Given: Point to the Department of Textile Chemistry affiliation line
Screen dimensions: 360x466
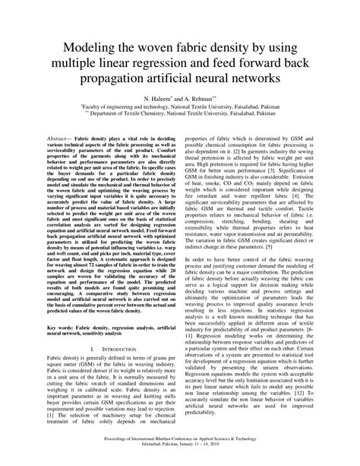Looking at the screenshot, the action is coord(179,119).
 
